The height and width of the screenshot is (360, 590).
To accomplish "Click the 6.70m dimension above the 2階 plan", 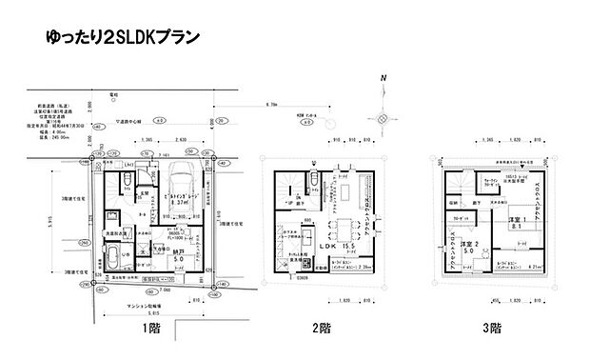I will (x=272, y=105).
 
